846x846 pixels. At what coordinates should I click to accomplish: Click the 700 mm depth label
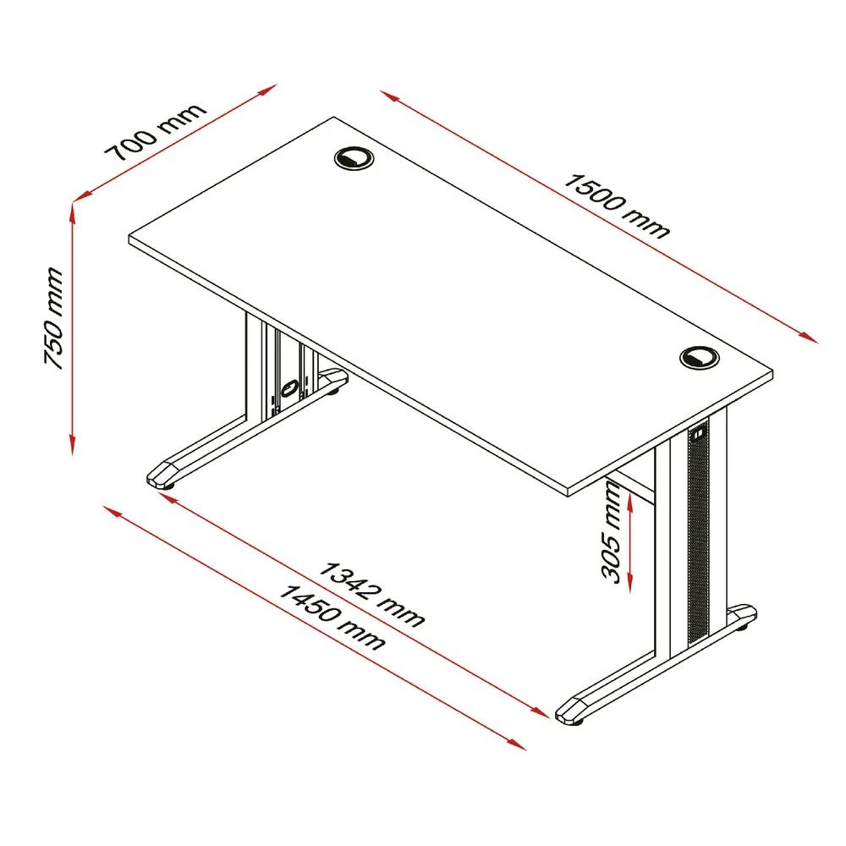[156, 132]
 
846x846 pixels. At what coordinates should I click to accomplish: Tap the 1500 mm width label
[616, 206]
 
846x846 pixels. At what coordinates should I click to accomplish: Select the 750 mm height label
[53, 318]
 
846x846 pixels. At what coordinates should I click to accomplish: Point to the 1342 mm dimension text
[371, 595]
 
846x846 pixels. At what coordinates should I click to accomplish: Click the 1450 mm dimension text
[332, 618]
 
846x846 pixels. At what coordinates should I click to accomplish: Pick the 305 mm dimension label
[612, 532]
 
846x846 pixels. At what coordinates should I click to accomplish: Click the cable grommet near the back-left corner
[354, 158]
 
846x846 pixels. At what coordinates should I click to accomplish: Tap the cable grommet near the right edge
[699, 358]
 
